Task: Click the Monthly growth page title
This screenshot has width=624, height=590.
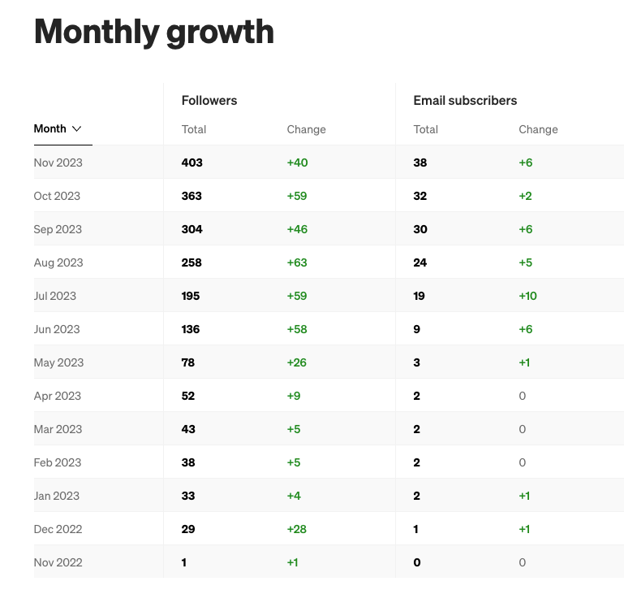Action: tap(154, 33)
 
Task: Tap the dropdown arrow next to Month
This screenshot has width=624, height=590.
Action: tap(77, 128)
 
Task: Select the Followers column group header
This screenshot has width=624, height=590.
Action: tap(209, 101)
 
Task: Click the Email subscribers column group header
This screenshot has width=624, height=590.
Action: tap(465, 101)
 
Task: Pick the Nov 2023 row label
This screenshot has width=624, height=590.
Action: tap(58, 163)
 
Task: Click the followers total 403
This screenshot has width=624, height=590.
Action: tap(192, 163)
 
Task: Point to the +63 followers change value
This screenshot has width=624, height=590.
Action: tap(297, 262)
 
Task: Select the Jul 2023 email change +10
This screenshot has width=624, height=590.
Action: tap(527, 296)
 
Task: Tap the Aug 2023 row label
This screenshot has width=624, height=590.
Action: tap(58, 262)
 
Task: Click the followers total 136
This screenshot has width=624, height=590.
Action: tap(191, 329)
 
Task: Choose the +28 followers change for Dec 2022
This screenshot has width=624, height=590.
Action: tap(297, 529)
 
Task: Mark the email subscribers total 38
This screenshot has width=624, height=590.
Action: tap(420, 163)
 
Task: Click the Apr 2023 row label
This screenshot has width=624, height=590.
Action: tap(58, 396)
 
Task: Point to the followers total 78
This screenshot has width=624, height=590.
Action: tap(188, 362)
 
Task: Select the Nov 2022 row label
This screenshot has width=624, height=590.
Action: tap(58, 562)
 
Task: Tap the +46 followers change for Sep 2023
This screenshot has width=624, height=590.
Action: tap(297, 229)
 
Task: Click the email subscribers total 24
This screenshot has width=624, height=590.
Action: tap(420, 262)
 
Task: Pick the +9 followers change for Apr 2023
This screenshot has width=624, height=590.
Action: tap(294, 396)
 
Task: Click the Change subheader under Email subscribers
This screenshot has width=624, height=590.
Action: tap(538, 129)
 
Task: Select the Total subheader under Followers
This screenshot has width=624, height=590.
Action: tap(194, 129)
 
